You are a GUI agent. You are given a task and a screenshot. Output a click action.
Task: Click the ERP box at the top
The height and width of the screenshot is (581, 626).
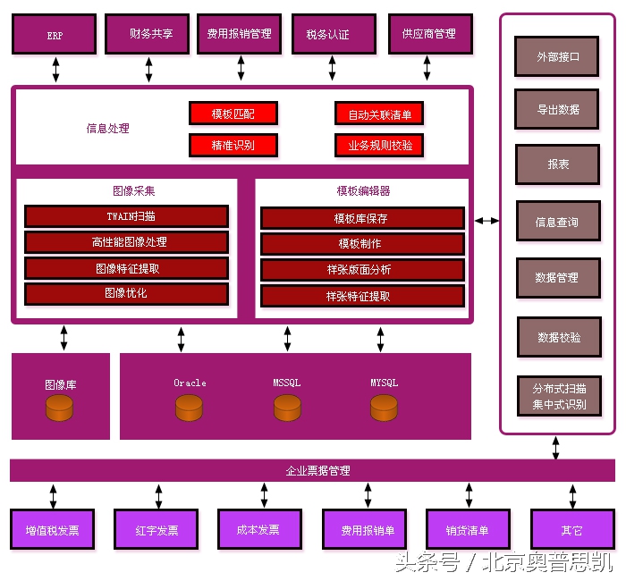point(55,35)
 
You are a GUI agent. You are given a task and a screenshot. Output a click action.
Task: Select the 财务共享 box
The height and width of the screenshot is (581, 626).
point(149,34)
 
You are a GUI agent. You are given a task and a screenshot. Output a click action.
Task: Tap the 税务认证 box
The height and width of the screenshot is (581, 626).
point(327,34)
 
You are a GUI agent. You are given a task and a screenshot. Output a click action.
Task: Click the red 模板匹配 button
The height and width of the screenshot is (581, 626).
point(233,114)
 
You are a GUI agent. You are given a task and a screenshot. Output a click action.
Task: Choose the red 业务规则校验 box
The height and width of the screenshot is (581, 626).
point(379,145)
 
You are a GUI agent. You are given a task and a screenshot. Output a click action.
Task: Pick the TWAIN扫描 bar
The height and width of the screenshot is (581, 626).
point(126,216)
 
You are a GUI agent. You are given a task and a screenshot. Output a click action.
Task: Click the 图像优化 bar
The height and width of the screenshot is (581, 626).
point(126,293)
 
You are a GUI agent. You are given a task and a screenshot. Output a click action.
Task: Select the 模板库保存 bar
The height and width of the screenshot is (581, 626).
point(362,218)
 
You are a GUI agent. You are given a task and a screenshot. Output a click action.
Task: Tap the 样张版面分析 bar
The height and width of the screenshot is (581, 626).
point(362,270)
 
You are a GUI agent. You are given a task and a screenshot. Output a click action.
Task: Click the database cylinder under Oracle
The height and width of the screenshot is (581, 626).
point(190,408)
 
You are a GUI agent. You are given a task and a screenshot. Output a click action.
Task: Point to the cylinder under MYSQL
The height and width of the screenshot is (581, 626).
point(384,408)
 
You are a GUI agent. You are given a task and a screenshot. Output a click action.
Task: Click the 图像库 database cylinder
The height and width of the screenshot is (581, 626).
point(60,408)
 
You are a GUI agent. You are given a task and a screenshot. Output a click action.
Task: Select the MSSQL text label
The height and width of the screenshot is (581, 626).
point(286,383)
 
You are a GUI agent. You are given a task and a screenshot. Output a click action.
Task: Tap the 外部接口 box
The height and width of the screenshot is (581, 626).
point(558,56)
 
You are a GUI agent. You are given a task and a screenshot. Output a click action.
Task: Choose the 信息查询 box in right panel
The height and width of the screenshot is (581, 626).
point(558,222)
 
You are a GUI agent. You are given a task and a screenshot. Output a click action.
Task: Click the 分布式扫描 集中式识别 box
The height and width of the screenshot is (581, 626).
point(559,396)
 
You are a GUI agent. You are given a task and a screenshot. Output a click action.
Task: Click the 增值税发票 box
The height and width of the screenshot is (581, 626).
point(52,530)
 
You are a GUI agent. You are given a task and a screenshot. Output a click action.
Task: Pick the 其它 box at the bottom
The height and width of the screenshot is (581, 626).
point(571,530)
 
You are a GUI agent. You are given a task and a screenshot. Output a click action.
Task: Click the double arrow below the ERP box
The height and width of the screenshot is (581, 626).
point(55,70)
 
